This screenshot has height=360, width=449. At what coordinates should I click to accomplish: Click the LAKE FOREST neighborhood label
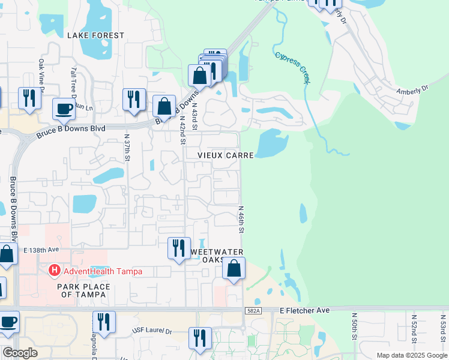point(96,35)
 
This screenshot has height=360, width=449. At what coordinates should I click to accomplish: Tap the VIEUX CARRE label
point(228,155)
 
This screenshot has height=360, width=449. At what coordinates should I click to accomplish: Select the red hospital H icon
point(55,271)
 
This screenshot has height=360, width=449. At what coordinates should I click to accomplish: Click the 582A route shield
point(253,310)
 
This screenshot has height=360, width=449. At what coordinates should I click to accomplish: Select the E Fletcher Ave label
point(304,310)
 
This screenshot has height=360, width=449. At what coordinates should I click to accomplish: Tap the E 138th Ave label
point(42,249)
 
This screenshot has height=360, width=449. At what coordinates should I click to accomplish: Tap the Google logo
point(20,353)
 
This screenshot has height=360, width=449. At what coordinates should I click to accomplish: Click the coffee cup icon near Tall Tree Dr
point(64,109)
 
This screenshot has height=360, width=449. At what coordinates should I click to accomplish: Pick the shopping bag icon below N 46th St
point(234,269)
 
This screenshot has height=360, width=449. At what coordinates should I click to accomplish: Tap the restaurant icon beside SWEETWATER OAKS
point(178,248)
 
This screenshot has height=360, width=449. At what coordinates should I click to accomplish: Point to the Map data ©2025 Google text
point(411,355)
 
